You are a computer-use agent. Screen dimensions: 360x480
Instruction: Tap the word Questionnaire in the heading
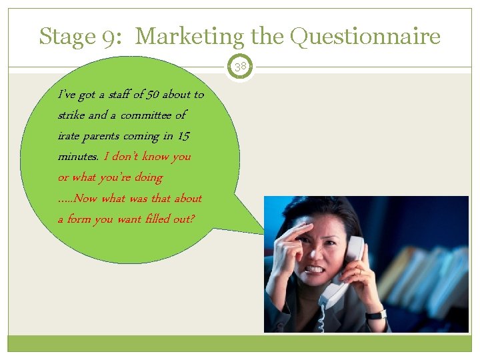point(365,36)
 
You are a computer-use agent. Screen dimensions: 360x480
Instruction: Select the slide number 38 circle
point(240,66)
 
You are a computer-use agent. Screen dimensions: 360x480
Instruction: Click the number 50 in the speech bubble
point(147,95)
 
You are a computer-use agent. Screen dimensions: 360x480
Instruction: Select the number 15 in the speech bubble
point(183,136)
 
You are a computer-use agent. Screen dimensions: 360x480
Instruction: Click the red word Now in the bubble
point(86,198)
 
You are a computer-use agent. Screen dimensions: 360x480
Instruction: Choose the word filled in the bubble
point(152,219)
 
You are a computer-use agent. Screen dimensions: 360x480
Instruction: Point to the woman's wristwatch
point(376,314)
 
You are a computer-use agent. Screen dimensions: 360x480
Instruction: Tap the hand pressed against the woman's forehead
point(293,243)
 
